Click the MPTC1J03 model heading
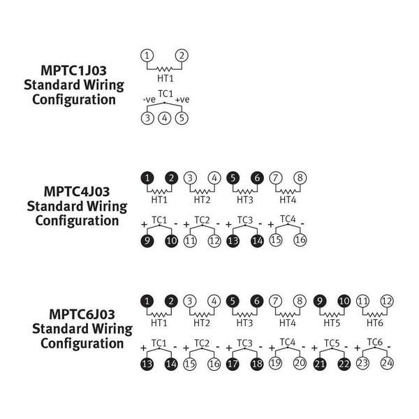click(73, 71)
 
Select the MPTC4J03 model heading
click(76, 191)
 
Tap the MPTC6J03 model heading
click(76, 314)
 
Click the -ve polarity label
click(149, 101)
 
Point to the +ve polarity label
click(182, 101)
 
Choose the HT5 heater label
click(331, 323)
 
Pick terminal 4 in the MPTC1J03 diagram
click(165, 117)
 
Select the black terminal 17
click(233, 363)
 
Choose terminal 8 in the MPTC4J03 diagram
click(300, 177)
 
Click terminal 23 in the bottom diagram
click(363, 363)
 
